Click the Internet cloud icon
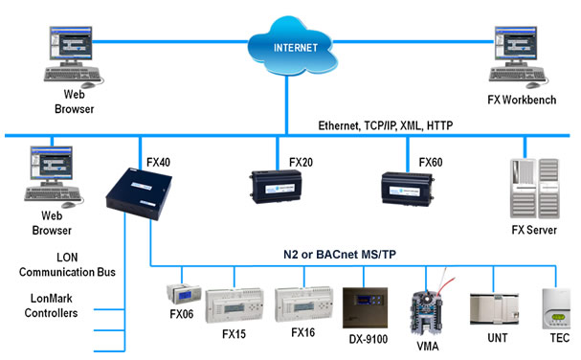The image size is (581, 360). (287, 44)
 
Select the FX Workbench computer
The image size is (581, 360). (514, 53)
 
